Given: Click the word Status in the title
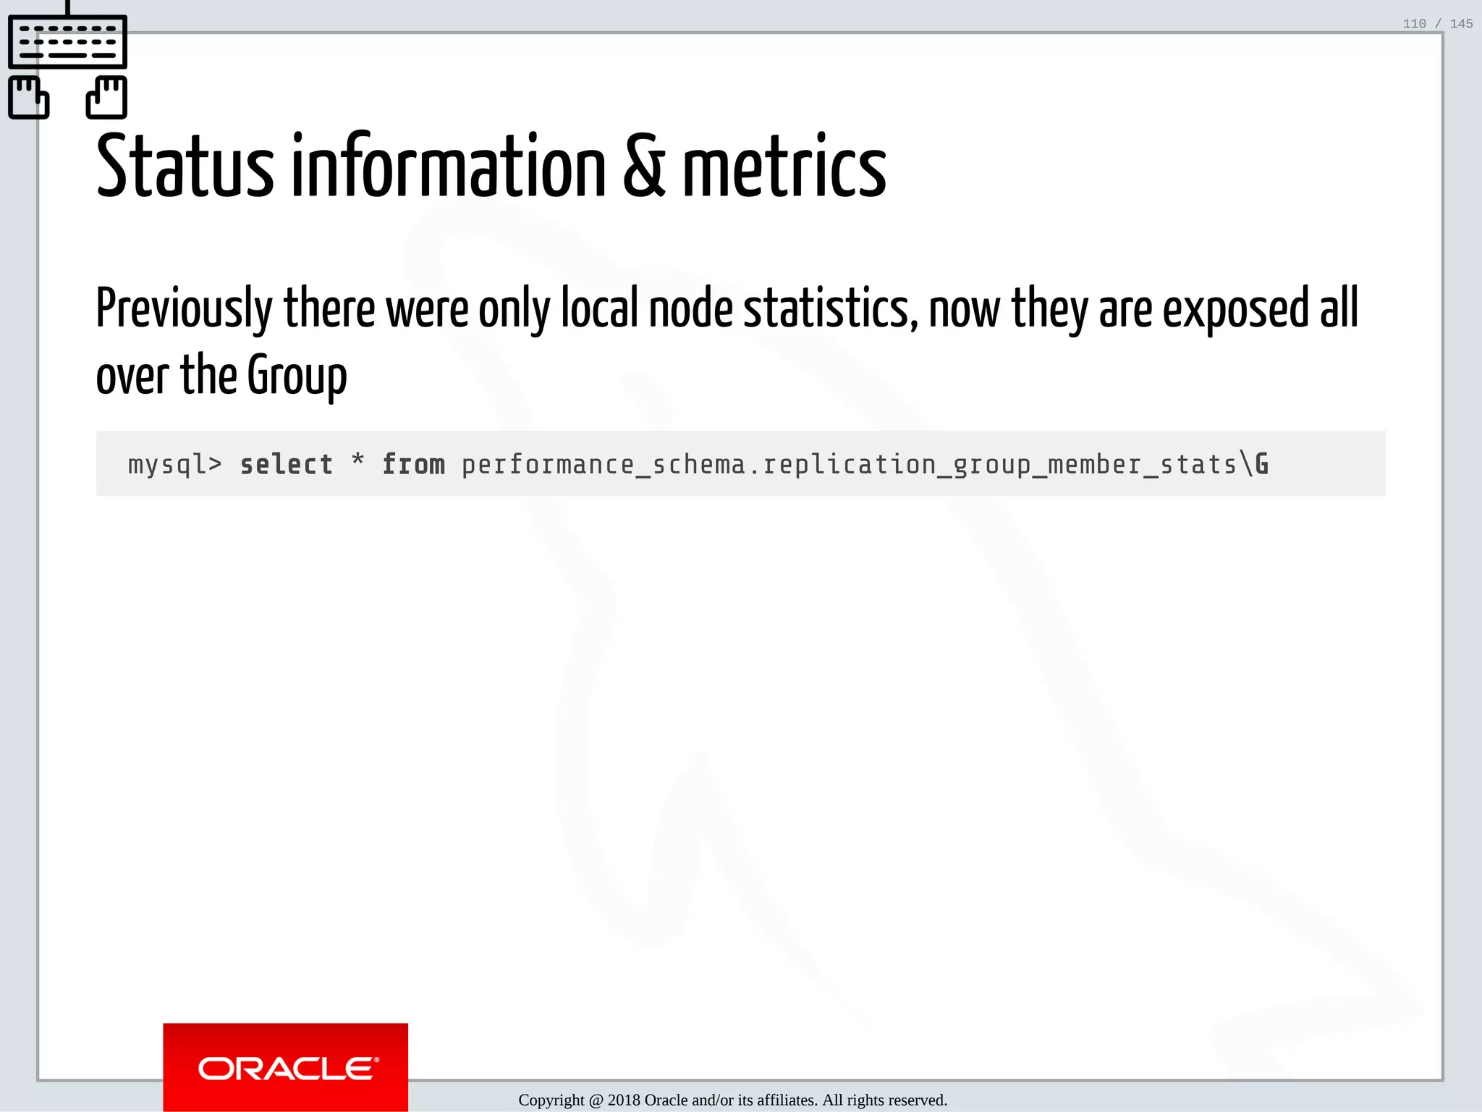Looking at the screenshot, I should point(185,167).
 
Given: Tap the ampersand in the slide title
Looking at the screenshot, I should point(643,167).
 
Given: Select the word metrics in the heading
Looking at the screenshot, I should point(784,167).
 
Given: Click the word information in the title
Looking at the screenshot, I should point(448,167).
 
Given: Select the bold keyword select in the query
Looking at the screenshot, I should point(287,464).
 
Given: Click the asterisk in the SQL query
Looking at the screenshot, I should point(357,460).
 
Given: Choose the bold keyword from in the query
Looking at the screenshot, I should point(413,464).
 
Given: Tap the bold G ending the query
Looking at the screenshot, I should point(1261,464).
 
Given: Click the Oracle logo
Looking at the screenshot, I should point(286,1068).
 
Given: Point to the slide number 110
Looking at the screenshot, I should point(1414,24).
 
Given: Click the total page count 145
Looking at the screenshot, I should point(1461,24).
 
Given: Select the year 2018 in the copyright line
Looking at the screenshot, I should point(624,1100).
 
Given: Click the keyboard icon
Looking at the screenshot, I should point(67,41).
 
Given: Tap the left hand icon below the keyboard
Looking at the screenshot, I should point(28,97).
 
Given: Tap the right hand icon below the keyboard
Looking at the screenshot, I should point(107,97).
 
